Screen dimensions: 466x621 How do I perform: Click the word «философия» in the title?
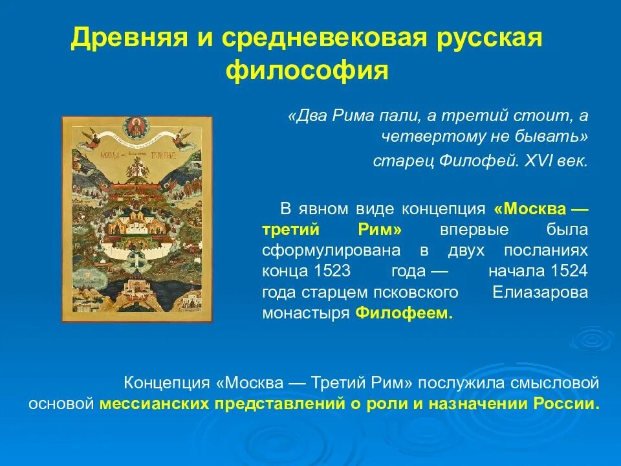tap(307, 70)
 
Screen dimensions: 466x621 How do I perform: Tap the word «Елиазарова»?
tap(540, 292)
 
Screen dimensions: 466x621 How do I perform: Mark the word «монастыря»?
tap(306, 313)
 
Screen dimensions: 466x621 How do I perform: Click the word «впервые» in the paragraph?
tap(464, 230)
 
